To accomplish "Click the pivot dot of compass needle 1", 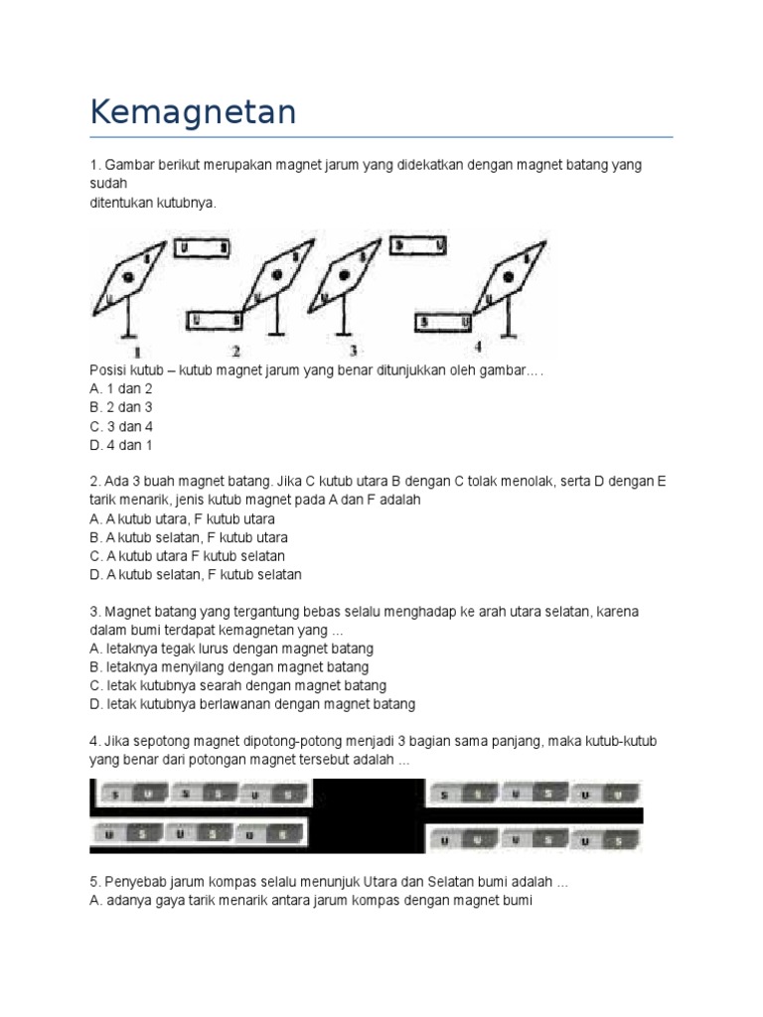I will click(x=126, y=278).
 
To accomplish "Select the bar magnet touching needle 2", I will click(x=215, y=320).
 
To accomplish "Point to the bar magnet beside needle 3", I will click(x=418, y=244).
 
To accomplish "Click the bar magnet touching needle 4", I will click(x=442, y=322).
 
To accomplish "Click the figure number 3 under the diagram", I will click(x=352, y=351).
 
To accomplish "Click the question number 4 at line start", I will click(x=93, y=742).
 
